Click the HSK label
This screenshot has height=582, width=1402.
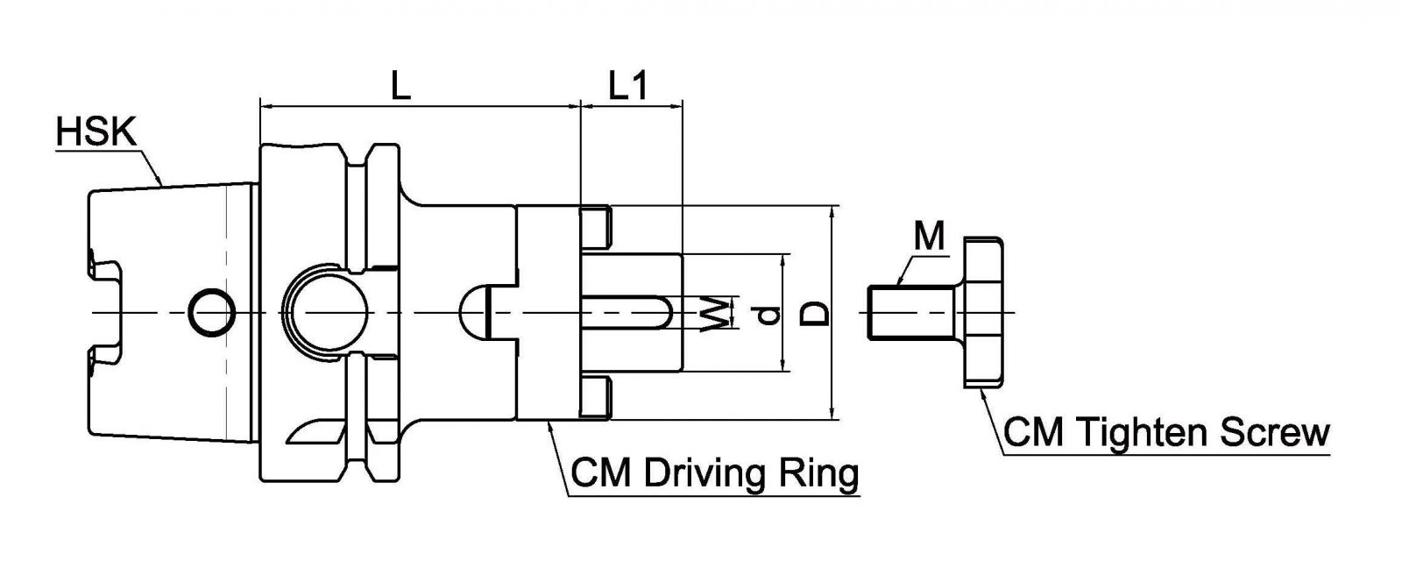pyautogui.click(x=96, y=133)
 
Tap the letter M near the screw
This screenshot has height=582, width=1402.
pyautogui.click(x=929, y=236)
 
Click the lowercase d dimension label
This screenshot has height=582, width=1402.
pyautogui.click(x=768, y=314)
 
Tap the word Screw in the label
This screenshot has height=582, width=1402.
pyautogui.click(x=1278, y=432)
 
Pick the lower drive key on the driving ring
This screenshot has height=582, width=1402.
pyautogui.click(x=595, y=398)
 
